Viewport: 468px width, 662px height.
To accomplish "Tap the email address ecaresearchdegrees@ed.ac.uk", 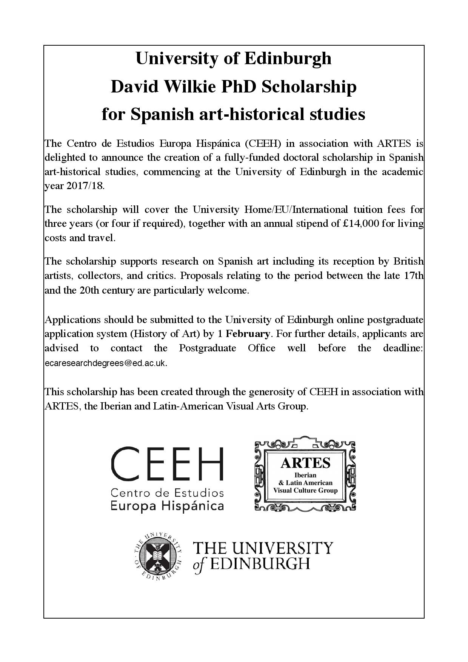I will click(106, 363).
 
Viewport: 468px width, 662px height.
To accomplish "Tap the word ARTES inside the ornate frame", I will click(305, 463).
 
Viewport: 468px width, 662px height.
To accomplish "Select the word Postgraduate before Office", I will click(208, 348).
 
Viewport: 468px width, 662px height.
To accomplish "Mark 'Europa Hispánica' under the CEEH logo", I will click(167, 506).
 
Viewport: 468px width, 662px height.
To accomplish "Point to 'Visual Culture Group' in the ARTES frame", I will click(305, 491).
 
